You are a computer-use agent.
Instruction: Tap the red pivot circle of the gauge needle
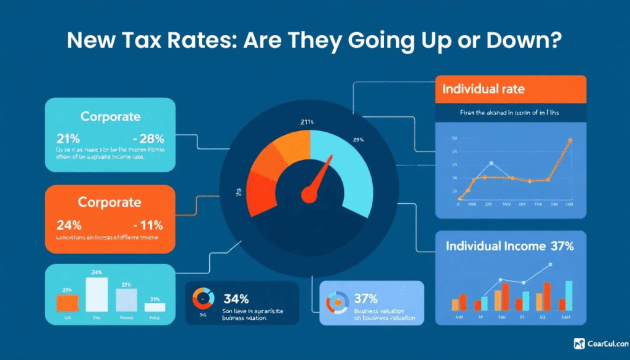tap(308, 196)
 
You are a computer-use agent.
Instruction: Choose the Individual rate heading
tap(483, 89)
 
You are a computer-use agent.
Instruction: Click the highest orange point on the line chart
tap(570, 140)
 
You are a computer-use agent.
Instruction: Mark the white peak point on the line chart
tap(491, 163)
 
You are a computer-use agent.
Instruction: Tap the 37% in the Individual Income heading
tap(562, 246)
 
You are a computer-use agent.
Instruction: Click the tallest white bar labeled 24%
tap(96, 294)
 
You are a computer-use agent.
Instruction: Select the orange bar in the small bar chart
tap(67, 303)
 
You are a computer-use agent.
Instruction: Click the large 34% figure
tap(236, 299)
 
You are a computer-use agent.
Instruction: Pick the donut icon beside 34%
tap(202, 298)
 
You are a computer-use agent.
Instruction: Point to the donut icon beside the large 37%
tap(337, 301)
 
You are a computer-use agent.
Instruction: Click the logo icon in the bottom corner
tap(578, 344)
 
